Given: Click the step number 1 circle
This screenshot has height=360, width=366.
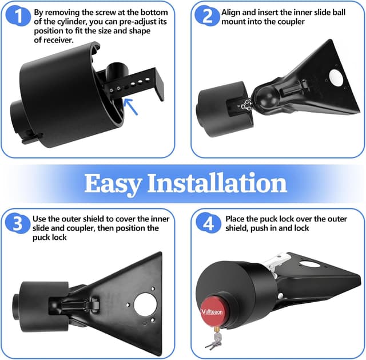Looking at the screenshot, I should coord(20,17).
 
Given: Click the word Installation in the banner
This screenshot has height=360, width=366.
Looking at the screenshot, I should coord(217,183).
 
